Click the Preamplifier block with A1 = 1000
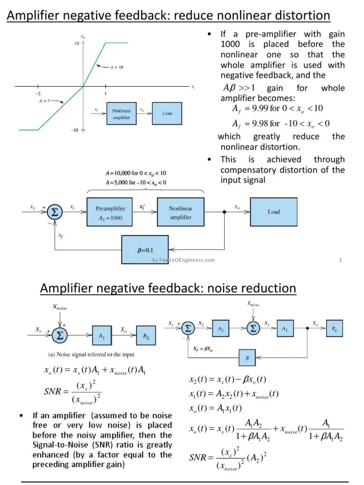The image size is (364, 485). click(x=110, y=213)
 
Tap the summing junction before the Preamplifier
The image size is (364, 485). click(x=55, y=213)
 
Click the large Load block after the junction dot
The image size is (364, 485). click(x=273, y=212)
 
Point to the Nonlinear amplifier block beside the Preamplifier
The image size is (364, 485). click(x=180, y=213)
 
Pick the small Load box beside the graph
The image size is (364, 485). click(x=167, y=114)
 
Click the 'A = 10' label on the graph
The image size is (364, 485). click(x=116, y=67)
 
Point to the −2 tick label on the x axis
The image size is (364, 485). click(x=37, y=94)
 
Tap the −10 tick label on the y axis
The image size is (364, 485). click(x=75, y=130)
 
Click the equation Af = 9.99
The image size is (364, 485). click(x=277, y=108)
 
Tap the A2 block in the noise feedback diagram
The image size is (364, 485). click(x=221, y=328)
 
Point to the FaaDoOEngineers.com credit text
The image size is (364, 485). click(x=182, y=260)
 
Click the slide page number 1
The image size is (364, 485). click(x=341, y=260)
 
